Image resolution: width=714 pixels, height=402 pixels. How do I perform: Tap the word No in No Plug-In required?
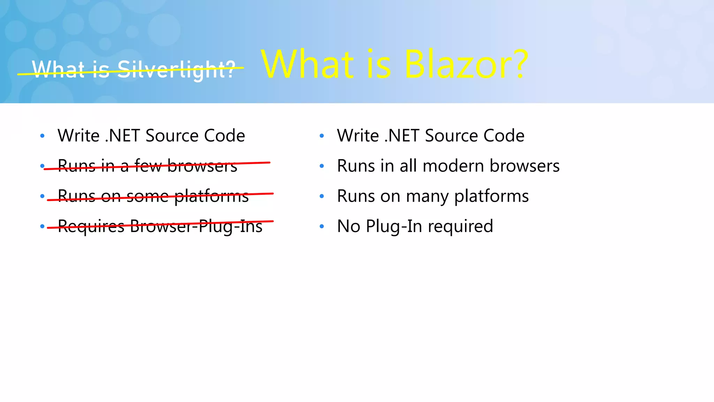348,226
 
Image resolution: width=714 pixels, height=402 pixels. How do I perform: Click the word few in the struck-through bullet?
148,166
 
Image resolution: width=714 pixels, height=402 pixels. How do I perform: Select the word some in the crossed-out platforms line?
147,196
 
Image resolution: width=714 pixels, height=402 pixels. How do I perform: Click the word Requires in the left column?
91,226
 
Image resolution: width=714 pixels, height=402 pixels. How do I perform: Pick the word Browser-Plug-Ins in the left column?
196,226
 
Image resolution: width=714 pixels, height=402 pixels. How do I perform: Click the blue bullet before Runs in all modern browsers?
322,166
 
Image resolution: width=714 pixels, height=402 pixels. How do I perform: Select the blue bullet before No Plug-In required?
322,226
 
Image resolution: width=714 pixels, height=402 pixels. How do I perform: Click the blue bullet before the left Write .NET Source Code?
42,136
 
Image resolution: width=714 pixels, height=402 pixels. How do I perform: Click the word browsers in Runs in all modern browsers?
524,166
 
